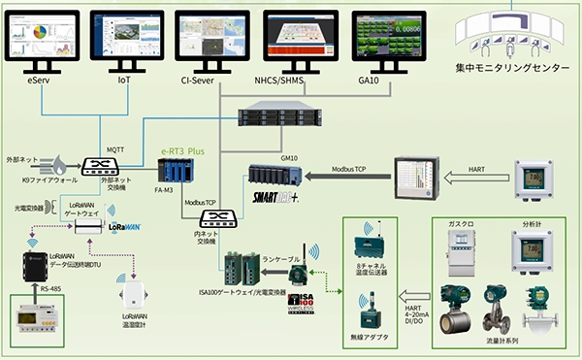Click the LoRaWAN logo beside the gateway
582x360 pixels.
[x=126, y=225]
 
